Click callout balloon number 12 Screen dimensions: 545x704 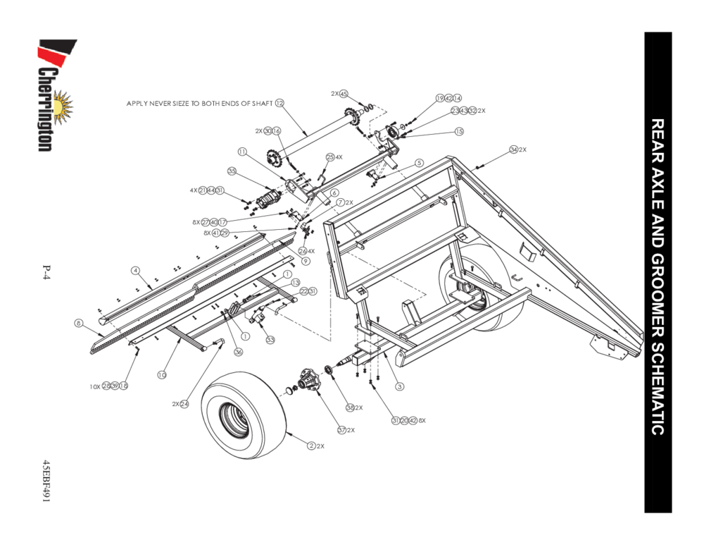point(279,103)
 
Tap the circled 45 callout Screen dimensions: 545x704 point(344,94)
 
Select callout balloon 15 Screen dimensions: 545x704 point(459,131)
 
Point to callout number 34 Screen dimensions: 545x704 point(514,149)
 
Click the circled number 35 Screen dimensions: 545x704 point(231,171)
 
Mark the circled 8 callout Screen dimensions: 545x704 point(80,323)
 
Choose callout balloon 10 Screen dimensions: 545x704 point(161,374)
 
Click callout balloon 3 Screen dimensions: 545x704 point(399,386)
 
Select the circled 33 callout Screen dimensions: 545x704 point(270,339)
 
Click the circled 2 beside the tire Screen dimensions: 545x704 point(310,446)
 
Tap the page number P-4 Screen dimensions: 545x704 point(46,273)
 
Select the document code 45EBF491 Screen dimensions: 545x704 point(46,482)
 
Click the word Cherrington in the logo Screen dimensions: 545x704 point(46,109)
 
